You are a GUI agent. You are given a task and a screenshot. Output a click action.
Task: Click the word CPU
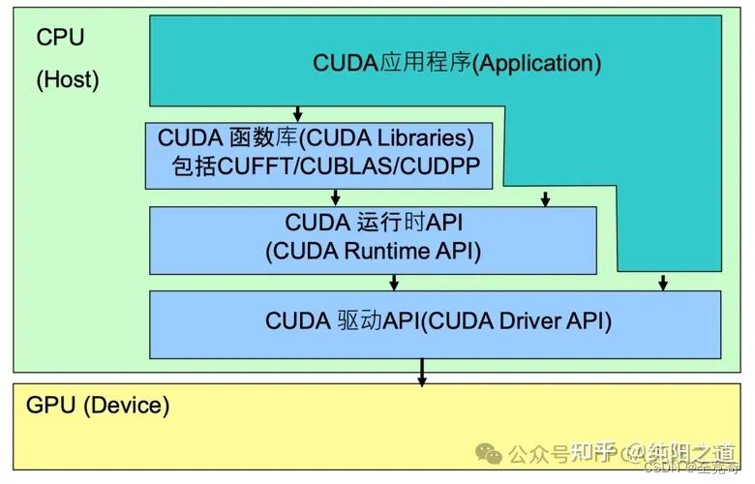[60, 38]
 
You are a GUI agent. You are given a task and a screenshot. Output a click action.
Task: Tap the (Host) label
[68, 79]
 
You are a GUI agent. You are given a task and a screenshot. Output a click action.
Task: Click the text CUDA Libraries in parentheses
[396, 136]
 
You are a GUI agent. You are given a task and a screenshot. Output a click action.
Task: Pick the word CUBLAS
[339, 166]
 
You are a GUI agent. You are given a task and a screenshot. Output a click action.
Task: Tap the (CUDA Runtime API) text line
[373, 251]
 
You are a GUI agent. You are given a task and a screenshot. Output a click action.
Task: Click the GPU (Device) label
[97, 405]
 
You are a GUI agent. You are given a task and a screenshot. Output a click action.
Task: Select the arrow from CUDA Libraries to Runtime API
[335, 197]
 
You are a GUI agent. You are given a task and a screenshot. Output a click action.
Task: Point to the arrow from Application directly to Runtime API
[545, 197]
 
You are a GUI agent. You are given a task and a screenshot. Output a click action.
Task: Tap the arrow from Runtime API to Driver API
[394, 282]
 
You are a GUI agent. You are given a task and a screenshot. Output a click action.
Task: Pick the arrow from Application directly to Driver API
[663, 282]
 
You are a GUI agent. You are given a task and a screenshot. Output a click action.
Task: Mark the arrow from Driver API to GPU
[422, 372]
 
